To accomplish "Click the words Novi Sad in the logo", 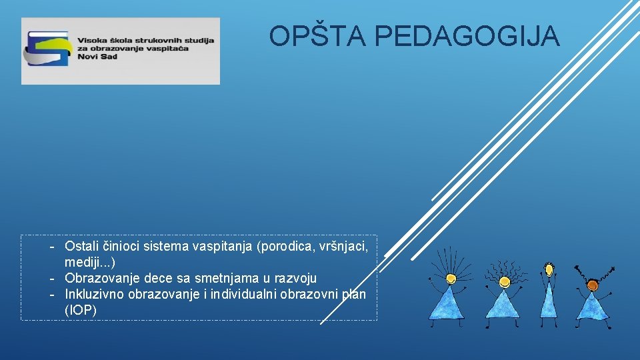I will [97, 57].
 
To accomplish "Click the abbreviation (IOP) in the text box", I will [81, 310].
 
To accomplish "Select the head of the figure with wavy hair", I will [505, 281].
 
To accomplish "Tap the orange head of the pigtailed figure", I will [592, 285].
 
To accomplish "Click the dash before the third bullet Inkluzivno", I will [51, 294].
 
